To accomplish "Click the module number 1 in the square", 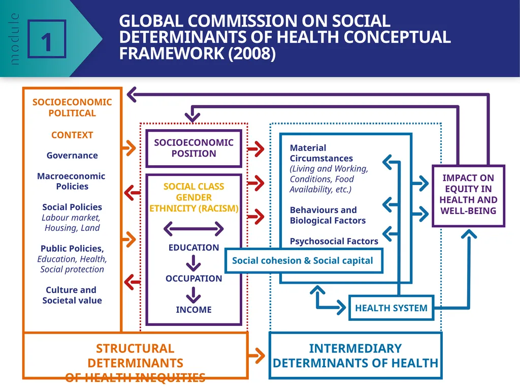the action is click(47, 43).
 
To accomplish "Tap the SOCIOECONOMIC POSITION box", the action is click(193, 148).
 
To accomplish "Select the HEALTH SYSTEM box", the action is click(392, 308).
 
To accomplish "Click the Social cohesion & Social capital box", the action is click(304, 261).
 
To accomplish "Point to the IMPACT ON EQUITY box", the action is click(468, 196).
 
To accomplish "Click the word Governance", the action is click(72, 156).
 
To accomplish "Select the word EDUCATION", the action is click(193, 248).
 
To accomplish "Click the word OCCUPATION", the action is click(193, 278).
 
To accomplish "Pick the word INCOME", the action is click(193, 310).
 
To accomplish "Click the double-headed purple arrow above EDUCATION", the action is click(193, 228).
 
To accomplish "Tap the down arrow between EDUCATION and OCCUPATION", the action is click(193, 263).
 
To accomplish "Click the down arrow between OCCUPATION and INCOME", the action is click(193, 294).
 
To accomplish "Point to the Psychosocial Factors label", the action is click(334, 241).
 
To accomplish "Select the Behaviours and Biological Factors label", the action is click(328, 215).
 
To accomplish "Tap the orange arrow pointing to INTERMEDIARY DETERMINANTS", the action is click(256, 356).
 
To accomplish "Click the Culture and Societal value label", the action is click(72, 295).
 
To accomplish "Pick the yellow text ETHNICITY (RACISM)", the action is click(193, 208).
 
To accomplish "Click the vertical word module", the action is click(14, 39).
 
